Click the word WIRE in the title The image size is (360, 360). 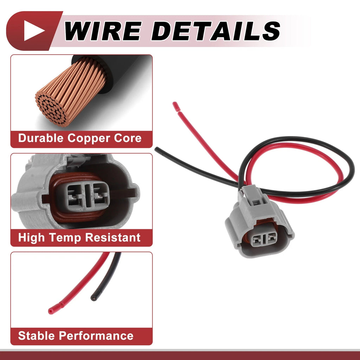pos(103,31)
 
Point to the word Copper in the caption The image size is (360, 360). pos(89,139)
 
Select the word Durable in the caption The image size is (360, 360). pos(41,138)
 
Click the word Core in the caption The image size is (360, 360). pos(128,138)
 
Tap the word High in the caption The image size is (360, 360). pos(31,238)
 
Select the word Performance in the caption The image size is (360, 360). pos(96,336)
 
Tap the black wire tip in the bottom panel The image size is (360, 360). pos(94,298)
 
